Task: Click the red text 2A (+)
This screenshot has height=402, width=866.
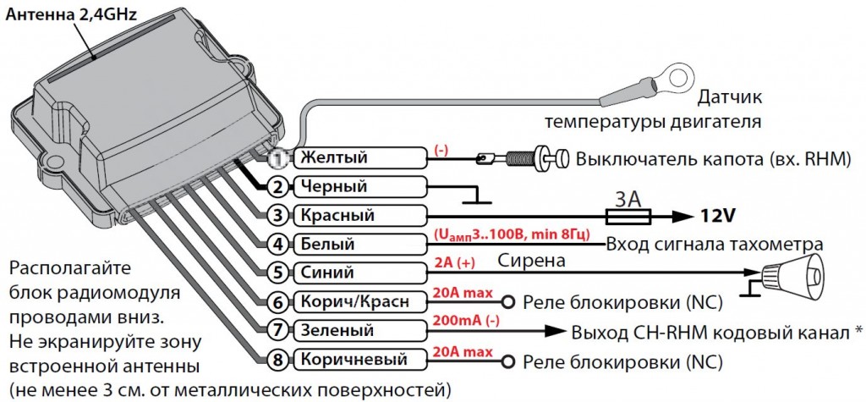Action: [454, 262]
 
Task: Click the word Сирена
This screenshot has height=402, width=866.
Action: [530, 261]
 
